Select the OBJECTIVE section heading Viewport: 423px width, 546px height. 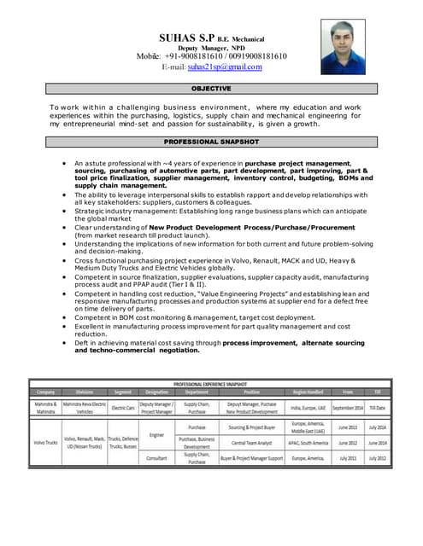[x=210, y=89]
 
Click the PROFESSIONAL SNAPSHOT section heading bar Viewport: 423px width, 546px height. [x=210, y=141]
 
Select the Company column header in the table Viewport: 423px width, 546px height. [x=45, y=392]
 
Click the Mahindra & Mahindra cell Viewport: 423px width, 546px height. [x=45, y=407]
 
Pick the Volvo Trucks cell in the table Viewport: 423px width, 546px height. [x=45, y=443]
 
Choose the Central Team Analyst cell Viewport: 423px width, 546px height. [x=250, y=443]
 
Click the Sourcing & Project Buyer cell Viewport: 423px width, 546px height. [x=250, y=427]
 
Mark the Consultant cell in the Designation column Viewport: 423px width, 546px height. [x=156, y=458]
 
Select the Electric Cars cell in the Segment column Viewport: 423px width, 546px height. [x=122, y=407]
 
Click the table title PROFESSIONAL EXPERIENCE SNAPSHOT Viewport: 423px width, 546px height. [x=210, y=384]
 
